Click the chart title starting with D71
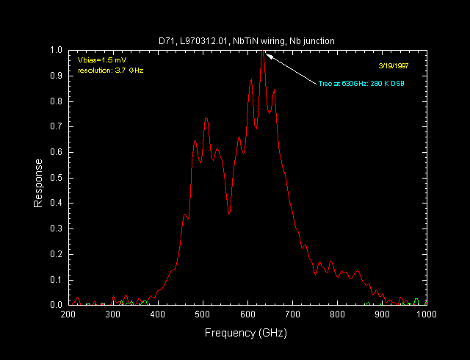click(247, 41)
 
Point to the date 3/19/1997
click(392, 65)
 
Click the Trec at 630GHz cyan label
click(362, 83)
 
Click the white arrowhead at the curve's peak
click(269, 54)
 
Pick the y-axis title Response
click(38, 183)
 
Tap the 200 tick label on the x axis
click(68, 314)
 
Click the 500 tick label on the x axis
click(203, 314)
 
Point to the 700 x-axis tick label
click(292, 314)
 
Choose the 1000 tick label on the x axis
click(426, 314)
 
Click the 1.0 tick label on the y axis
click(56, 51)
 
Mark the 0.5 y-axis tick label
click(56, 178)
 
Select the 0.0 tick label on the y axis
click(56, 304)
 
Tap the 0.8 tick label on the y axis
click(56, 101)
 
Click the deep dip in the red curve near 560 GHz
click(229, 213)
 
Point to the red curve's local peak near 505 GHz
click(206, 118)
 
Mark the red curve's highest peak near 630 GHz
click(262, 52)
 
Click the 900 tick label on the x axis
click(382, 314)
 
